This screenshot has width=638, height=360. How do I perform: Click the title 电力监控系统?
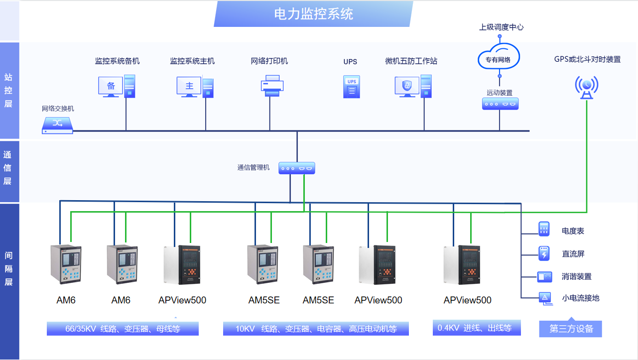[314, 13]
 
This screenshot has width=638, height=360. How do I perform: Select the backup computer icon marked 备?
[117, 86]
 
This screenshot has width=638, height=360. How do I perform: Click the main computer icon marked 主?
[196, 86]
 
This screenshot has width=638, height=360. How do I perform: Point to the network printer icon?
[272, 86]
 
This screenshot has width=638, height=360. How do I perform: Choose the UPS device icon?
[351, 86]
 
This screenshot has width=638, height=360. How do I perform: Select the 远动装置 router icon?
[501, 104]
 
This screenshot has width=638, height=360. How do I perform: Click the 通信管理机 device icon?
[297, 168]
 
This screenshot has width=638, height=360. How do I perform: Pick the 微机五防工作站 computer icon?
[413, 86]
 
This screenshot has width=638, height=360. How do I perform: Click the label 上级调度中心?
[501, 27]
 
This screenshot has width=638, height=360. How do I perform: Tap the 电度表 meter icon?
[543, 229]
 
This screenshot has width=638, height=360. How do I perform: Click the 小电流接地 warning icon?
[544, 298]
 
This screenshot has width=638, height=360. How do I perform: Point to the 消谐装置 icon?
[544, 276]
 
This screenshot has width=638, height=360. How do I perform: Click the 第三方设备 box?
[570, 329]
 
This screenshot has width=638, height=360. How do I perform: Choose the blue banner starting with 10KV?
[316, 329]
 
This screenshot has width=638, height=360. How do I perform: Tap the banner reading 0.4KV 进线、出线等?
[477, 328]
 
